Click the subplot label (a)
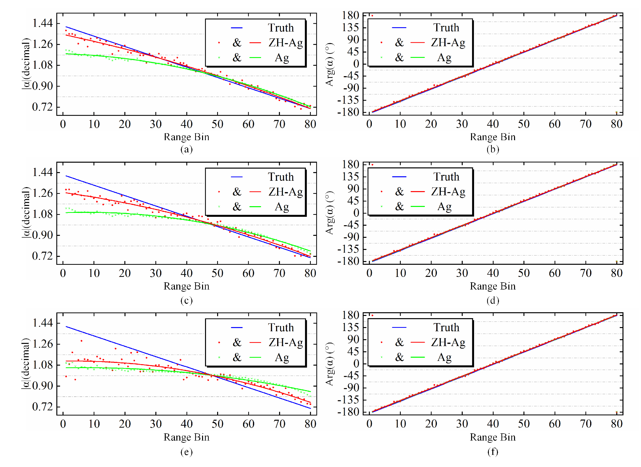[186, 149]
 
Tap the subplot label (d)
[493, 300]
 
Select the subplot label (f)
[493, 451]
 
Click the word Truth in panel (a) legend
[281, 28]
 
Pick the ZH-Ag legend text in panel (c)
[286, 192]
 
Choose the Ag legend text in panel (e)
[282, 357]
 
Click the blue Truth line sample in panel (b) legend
[399, 28]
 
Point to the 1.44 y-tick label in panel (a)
[42, 23]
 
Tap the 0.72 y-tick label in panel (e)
[42, 407]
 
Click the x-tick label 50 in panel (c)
[217, 273]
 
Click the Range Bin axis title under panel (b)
[493, 137]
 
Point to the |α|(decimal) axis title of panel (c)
[26, 213]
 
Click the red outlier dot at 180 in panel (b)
[372, 16]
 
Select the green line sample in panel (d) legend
[417, 206]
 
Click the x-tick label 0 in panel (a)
[63, 124]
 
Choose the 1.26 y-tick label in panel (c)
[42, 193]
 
